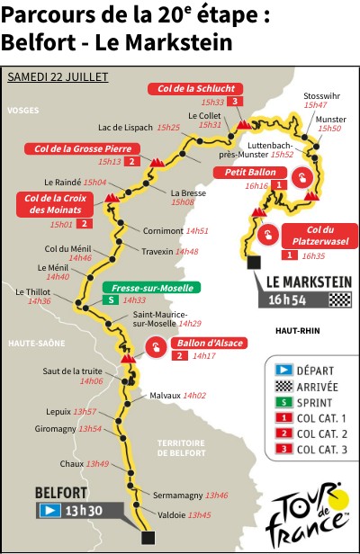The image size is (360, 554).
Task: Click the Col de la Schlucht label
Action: tap(194, 88)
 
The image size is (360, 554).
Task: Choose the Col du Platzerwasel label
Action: tap(319, 236)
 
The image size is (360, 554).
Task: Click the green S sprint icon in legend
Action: tap(280, 401)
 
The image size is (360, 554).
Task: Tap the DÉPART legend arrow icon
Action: tap(280, 370)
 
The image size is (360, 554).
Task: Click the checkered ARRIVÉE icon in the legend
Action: tap(280, 385)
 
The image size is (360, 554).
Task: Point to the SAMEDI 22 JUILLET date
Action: tap(58, 77)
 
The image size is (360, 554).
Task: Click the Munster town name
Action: tap(331, 119)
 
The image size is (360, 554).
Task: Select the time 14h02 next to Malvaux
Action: tap(194, 395)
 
